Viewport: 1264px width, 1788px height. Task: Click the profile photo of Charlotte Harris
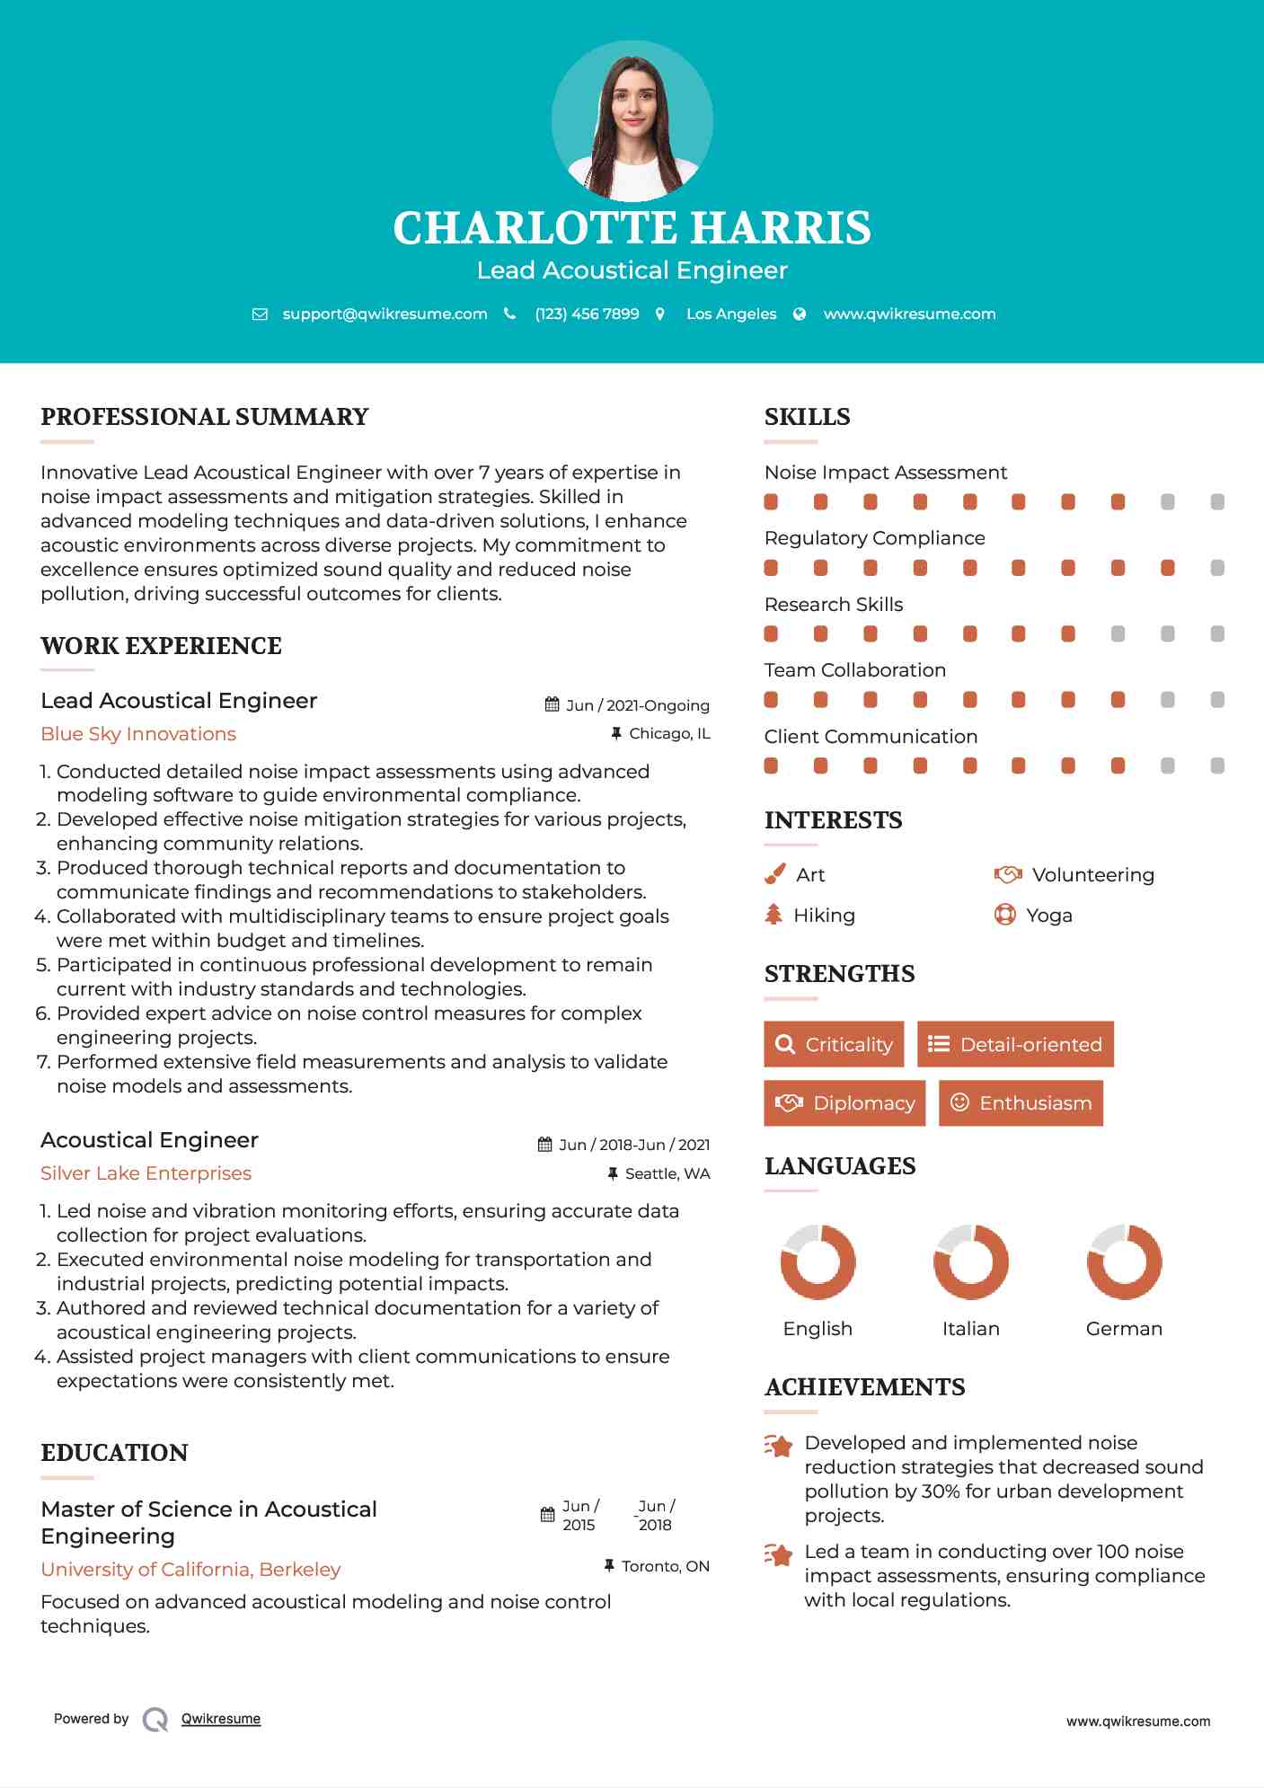[x=632, y=120]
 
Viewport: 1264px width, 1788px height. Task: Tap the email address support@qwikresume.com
[x=385, y=314]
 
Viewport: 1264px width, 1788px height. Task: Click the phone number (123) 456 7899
[x=587, y=314]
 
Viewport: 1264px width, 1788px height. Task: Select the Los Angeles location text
[x=730, y=314]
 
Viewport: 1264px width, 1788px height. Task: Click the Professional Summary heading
[x=205, y=417]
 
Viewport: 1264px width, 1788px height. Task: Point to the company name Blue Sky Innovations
[x=138, y=734]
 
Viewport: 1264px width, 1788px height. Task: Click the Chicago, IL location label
[x=669, y=733]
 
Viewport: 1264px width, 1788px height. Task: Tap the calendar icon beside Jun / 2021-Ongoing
[x=552, y=704]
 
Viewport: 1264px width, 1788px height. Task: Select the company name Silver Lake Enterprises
[x=146, y=1173]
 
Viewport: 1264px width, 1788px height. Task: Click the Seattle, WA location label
[x=667, y=1173]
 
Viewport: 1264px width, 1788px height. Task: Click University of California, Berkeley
[x=190, y=1570]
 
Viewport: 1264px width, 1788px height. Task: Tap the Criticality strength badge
[x=834, y=1044]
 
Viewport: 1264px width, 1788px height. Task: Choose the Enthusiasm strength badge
[x=1021, y=1102]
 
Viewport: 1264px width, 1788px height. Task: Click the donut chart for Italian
[x=970, y=1261]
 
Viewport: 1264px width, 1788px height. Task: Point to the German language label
[x=1124, y=1329]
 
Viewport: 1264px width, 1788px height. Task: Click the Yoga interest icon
[x=1004, y=915]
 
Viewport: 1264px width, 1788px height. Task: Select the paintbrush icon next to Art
[x=774, y=874]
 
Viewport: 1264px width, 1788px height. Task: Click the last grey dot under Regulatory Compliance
[x=1217, y=568]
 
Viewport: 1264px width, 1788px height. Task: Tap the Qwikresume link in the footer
[x=221, y=1719]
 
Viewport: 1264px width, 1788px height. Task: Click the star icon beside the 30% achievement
[x=779, y=1446]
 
